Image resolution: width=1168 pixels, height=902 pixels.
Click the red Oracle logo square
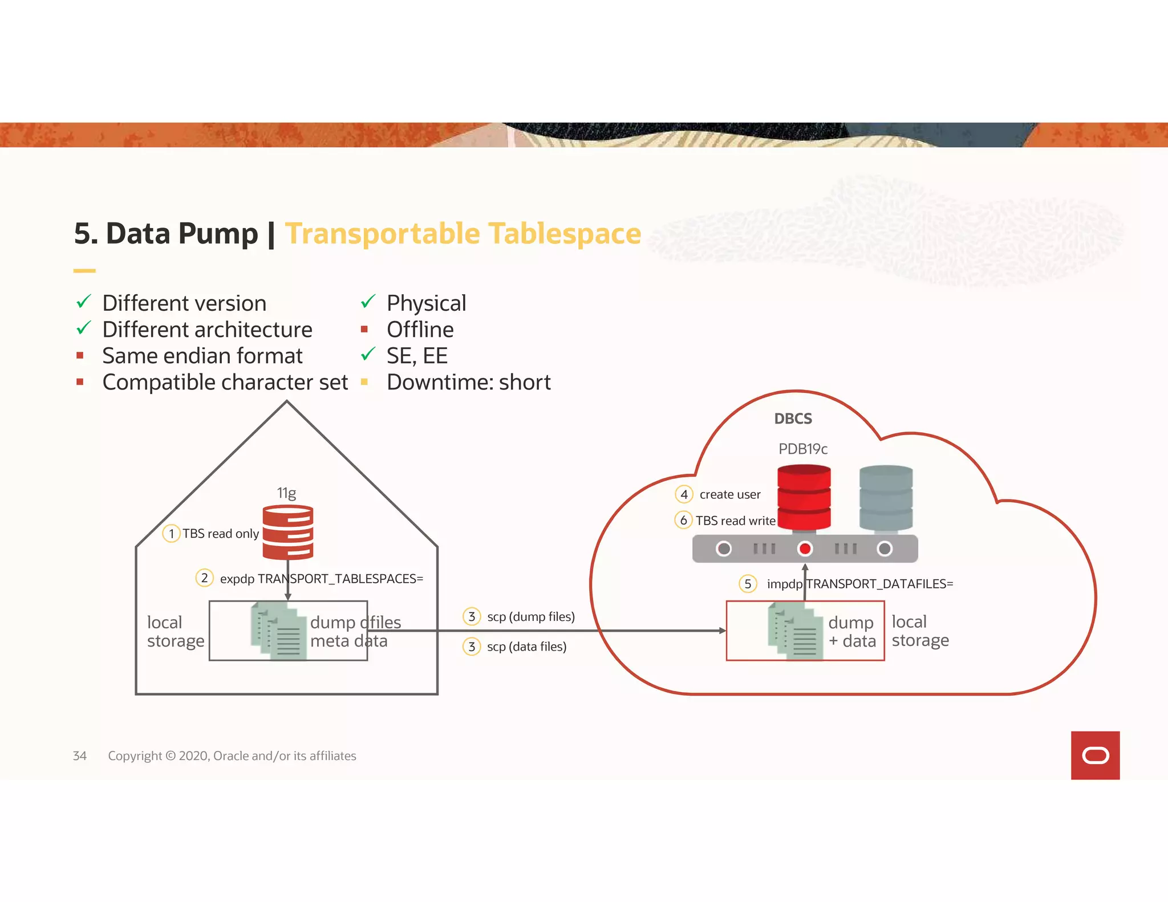click(x=1094, y=755)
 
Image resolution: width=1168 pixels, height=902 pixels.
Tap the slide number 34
click(x=80, y=755)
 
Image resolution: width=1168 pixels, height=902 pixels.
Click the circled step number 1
click(x=171, y=534)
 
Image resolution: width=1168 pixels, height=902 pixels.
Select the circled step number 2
click(x=204, y=578)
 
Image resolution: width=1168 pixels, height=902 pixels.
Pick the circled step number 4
click(x=684, y=494)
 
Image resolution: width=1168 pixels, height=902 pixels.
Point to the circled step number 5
click(x=748, y=584)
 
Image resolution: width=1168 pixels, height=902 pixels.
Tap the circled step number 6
click(x=683, y=520)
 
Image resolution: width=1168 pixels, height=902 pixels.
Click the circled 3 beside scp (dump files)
click(x=472, y=616)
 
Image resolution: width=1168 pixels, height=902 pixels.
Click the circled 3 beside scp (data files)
click(x=472, y=647)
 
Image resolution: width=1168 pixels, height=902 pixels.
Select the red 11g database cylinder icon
click(x=287, y=532)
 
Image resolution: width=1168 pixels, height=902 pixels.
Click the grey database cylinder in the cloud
click(x=886, y=498)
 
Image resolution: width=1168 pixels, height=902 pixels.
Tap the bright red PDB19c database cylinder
click(x=804, y=497)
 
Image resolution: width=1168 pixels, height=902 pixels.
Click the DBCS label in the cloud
click(x=793, y=419)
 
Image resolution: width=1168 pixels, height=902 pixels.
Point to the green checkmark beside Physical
click(x=368, y=301)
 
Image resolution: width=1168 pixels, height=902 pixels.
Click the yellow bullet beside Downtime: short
click(x=364, y=382)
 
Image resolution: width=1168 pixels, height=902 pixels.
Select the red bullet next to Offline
click(x=364, y=330)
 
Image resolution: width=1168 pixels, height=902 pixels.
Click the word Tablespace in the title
click(x=565, y=234)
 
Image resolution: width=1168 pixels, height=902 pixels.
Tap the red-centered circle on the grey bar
click(x=805, y=548)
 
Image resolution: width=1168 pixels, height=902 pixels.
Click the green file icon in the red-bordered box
click(x=795, y=631)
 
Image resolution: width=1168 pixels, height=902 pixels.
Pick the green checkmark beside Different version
click(x=84, y=301)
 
